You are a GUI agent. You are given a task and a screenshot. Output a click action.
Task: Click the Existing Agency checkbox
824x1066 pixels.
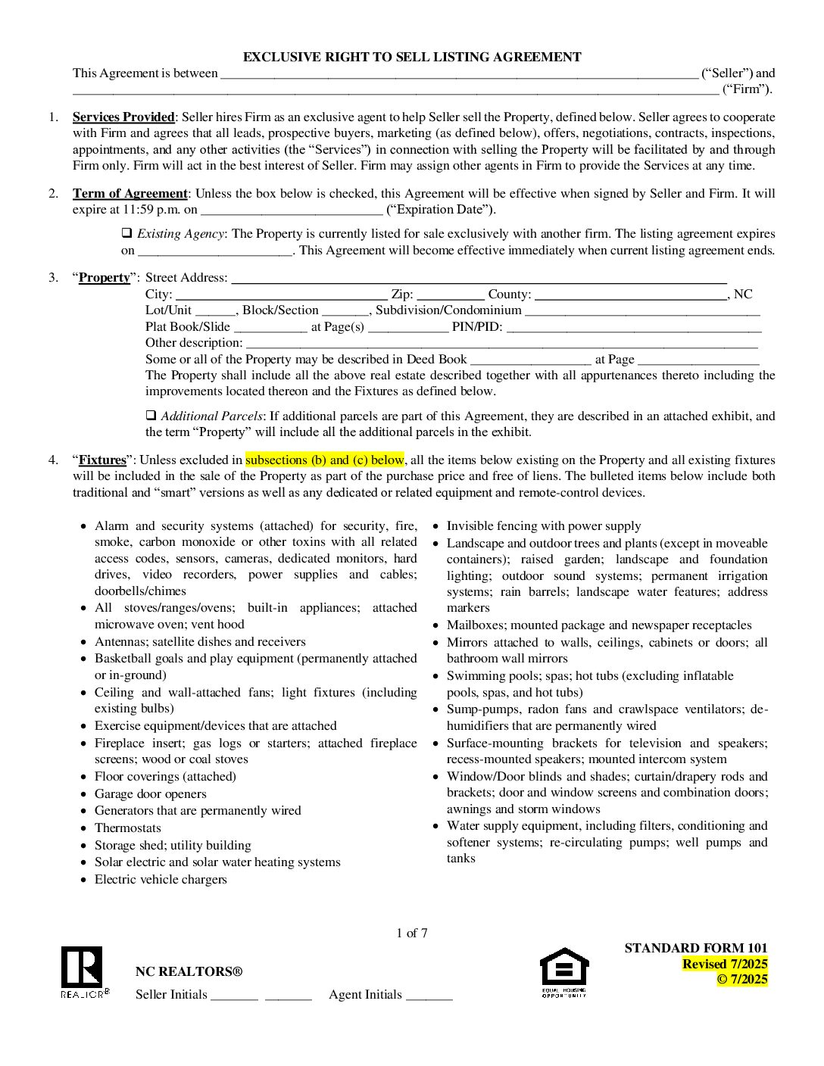coord(127,233)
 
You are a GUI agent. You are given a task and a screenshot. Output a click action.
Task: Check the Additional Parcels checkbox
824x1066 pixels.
coord(151,416)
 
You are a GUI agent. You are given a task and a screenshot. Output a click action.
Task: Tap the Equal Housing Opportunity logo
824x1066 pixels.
coord(563,972)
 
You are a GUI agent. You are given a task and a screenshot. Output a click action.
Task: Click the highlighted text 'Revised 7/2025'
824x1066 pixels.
coord(725,964)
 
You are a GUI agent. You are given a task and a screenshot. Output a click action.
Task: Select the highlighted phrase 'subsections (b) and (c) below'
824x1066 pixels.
coord(324,460)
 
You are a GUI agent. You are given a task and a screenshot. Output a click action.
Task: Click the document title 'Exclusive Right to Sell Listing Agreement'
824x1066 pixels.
coord(412,57)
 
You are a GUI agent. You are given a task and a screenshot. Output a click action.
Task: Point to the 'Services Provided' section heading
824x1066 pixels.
coord(123,117)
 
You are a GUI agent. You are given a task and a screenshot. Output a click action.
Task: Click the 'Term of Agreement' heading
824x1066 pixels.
coord(130,193)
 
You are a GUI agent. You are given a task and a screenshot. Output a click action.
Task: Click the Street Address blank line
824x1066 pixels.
coord(479,279)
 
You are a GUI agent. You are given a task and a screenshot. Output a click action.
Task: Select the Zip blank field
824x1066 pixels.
coord(451,295)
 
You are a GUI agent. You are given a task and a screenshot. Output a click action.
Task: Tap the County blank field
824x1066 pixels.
coord(631,295)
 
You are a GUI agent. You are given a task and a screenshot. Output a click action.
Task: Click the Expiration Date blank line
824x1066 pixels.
coord(292,210)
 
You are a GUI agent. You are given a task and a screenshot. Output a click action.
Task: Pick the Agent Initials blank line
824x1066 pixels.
coord(429,996)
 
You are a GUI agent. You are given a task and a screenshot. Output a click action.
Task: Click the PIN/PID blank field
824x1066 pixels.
coord(634,328)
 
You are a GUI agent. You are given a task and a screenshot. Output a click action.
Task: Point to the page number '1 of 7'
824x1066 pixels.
coord(412,933)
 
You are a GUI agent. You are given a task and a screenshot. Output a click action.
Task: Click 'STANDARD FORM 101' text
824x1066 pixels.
coord(696,948)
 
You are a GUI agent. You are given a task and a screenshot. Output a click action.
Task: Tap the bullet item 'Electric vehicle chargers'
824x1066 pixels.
coord(161,879)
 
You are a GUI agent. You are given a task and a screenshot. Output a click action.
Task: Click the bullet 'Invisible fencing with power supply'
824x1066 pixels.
coord(544,525)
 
